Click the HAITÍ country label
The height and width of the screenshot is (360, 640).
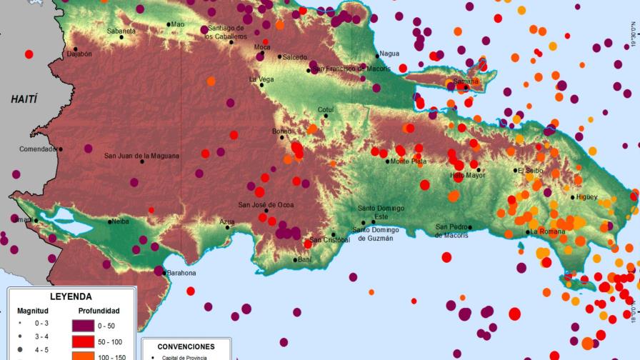[24, 99]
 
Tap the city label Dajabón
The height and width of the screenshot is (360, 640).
[79, 54]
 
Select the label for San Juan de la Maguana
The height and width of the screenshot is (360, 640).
[141, 156]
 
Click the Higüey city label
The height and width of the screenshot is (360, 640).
[586, 197]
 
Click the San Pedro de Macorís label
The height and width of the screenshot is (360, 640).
[452, 231]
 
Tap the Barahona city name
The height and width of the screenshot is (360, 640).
[181, 273]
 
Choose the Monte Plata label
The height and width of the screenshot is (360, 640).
[409, 161]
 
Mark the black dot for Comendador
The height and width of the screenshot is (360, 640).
[61, 149]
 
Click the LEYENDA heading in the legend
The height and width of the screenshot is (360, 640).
[70, 296]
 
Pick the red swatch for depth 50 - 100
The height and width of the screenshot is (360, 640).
[84, 342]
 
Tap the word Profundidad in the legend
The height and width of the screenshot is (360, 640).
[99, 311]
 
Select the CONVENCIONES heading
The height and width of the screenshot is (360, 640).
[186, 346]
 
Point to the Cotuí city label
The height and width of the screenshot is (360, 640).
[326, 109]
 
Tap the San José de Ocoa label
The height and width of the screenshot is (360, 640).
[266, 205]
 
